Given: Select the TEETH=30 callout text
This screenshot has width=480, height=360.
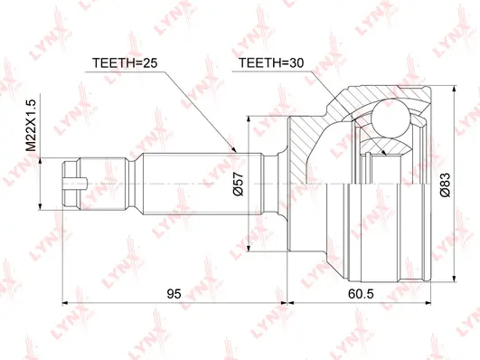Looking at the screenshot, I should tap(267, 63).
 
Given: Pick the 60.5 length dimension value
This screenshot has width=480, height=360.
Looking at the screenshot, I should tap(359, 291).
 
